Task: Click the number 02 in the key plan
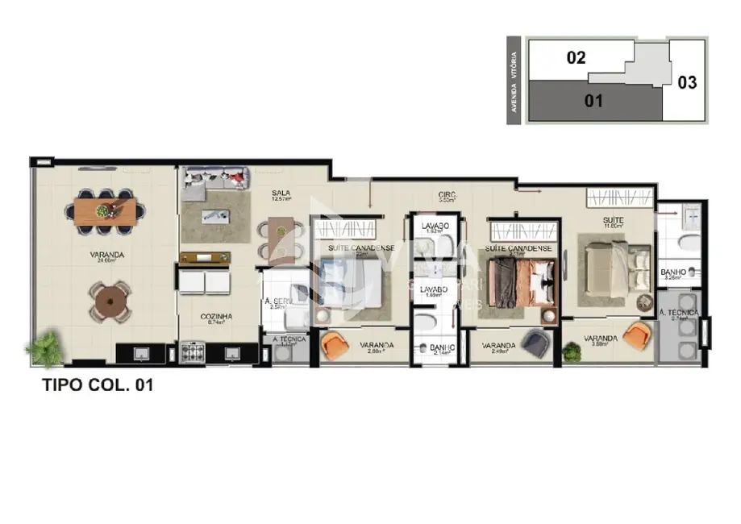575,58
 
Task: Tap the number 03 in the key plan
686,82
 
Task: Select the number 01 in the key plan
593,102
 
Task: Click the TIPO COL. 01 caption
98,385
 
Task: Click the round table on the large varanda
108,301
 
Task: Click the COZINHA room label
216,317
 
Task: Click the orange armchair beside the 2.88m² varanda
335,346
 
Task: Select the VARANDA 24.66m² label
106,256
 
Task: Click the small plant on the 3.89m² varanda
572,351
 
